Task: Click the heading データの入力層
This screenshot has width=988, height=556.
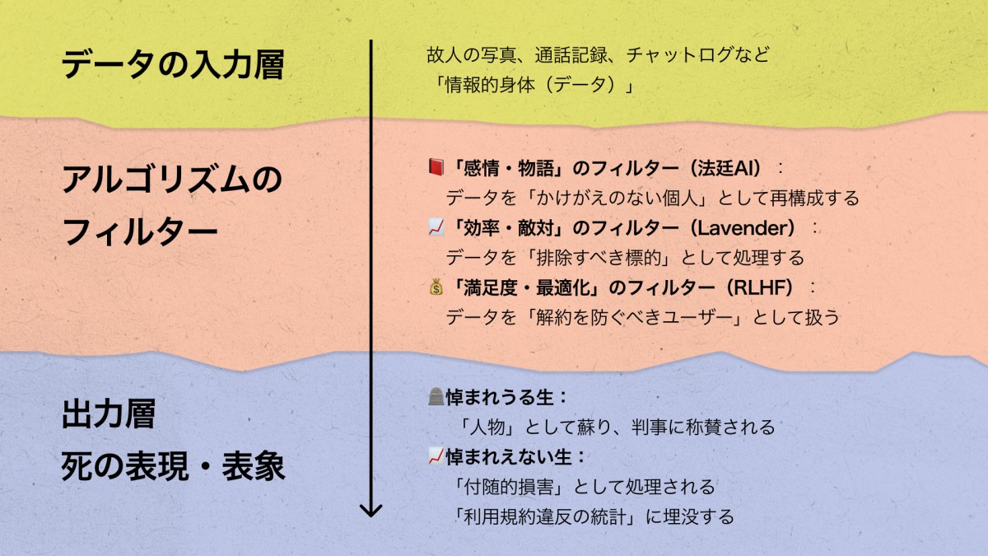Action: point(172,66)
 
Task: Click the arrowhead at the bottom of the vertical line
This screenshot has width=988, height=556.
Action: point(371,509)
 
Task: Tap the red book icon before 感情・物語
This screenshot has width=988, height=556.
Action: point(436,168)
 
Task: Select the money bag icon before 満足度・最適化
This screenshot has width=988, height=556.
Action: point(436,287)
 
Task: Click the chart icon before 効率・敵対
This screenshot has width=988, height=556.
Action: point(436,228)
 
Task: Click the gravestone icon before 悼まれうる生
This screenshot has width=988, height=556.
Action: point(436,397)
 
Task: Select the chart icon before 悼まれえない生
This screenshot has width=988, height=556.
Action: point(436,456)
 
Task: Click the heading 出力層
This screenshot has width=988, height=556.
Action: point(109,414)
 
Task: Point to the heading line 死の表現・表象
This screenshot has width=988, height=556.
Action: point(173,467)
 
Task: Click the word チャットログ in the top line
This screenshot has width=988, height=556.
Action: point(677,56)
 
